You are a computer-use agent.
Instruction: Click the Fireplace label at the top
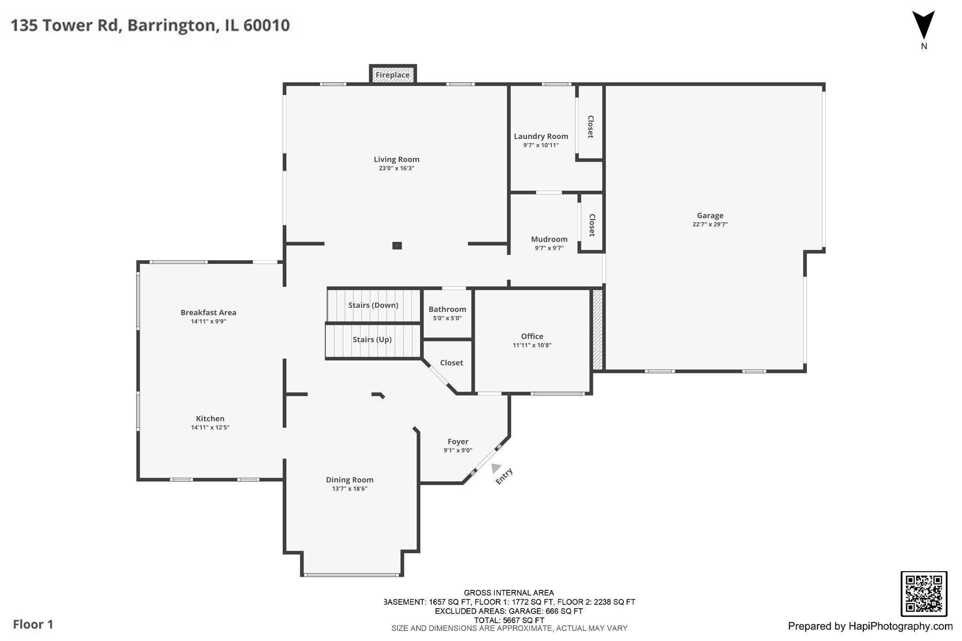point(393,75)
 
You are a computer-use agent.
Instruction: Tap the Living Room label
point(396,160)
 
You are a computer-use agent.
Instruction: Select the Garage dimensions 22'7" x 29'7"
point(710,224)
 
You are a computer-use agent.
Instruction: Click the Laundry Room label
point(541,137)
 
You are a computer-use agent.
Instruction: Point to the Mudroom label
point(549,239)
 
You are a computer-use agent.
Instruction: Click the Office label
point(532,336)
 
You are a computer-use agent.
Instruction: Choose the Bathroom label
point(447,309)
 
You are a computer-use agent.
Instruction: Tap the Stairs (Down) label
point(373,305)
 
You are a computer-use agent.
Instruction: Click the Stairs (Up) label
point(372,340)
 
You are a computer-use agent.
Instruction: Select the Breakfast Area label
point(209,313)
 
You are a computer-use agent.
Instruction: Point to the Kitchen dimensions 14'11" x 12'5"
point(210,427)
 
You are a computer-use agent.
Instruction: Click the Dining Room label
point(350,480)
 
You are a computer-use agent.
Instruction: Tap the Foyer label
point(458,442)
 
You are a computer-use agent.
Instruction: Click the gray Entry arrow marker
point(496,468)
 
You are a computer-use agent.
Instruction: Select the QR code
point(923,594)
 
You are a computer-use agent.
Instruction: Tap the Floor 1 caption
point(33,625)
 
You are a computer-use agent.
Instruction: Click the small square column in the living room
point(397,246)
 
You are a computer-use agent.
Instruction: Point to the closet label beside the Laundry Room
point(590,127)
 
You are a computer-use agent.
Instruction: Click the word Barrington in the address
point(172,25)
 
